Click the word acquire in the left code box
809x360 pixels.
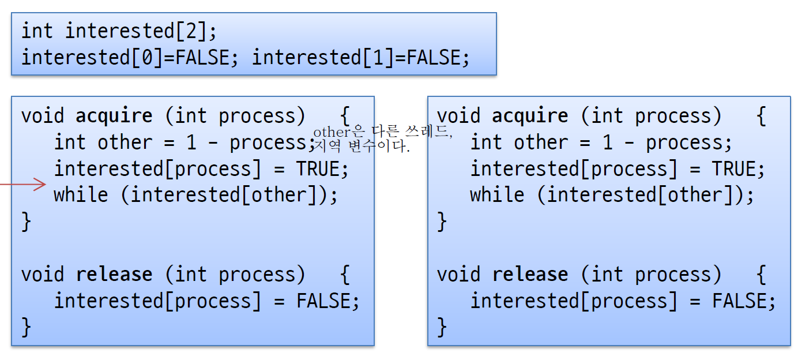point(114,116)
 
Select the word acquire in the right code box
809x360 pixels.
point(530,116)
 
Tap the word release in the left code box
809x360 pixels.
point(114,274)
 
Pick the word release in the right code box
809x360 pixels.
point(530,274)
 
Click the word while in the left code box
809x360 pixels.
point(81,194)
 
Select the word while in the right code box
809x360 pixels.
point(497,194)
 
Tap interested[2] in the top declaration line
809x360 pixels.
point(136,31)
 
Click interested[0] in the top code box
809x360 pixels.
point(86,57)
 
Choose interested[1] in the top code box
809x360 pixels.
point(318,57)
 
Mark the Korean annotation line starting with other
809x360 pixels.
point(383,133)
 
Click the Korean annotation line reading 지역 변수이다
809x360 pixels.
point(362,147)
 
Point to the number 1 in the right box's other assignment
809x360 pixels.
point(607,142)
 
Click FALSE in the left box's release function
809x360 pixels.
point(323,301)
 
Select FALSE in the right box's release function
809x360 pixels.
point(739,301)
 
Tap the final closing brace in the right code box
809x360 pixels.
point(442,327)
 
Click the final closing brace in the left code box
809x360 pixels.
point(26,327)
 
